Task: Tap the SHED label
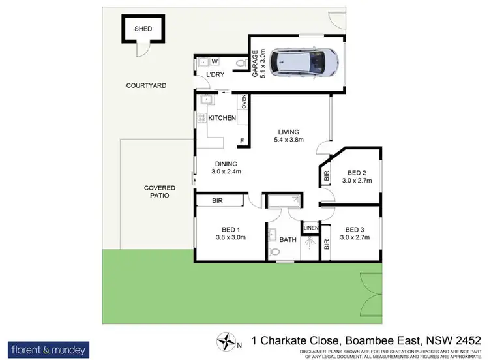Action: [x=143, y=29]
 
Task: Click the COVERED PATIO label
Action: [x=160, y=192]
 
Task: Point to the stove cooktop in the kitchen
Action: [x=201, y=119]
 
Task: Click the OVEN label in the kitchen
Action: [x=244, y=102]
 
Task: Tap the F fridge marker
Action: [x=242, y=141]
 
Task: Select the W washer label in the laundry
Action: [x=214, y=61]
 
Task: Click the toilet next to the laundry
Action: [x=241, y=63]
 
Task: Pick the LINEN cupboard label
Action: [x=310, y=227]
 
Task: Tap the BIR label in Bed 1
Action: [x=216, y=202]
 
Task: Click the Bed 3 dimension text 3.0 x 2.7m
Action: [x=355, y=237]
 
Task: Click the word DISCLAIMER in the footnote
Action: [x=317, y=351]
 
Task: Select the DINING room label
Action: [x=226, y=164]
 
